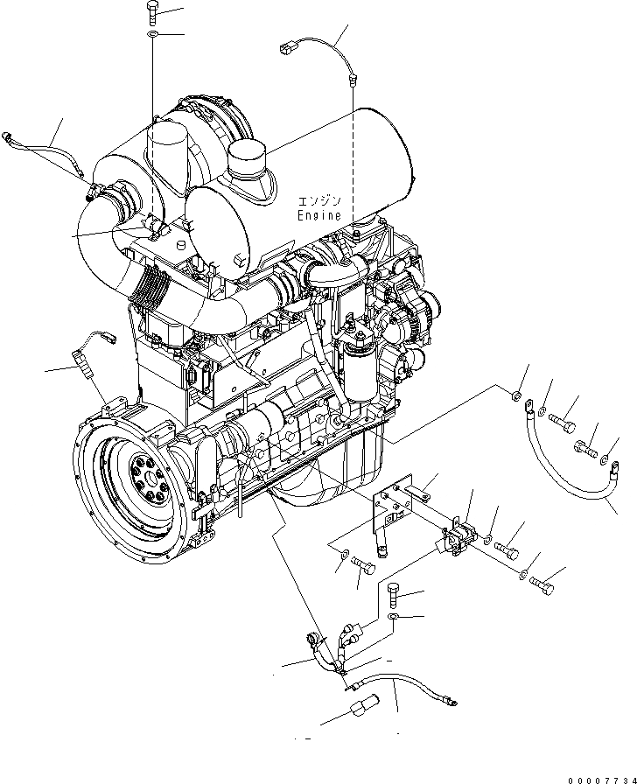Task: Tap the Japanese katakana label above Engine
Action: [319, 199]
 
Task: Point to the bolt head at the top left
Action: [150, 11]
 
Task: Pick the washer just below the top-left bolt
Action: [151, 34]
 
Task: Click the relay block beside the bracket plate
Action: [459, 536]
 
